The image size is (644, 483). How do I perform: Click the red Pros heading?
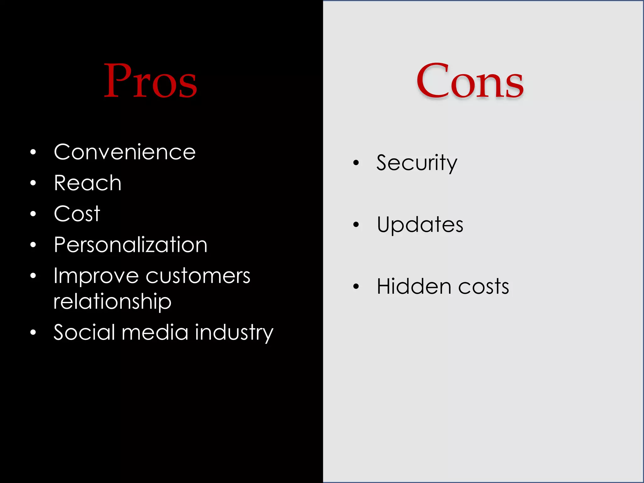click(x=150, y=80)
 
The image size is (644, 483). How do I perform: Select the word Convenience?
click(x=125, y=152)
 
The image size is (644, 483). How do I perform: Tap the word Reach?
click(x=87, y=183)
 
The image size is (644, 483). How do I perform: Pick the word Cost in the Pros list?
click(x=77, y=214)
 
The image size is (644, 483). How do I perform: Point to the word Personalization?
click(x=130, y=245)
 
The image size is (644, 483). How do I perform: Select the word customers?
click(x=198, y=276)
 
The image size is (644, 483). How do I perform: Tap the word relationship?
click(x=112, y=301)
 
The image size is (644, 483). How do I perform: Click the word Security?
click(x=417, y=163)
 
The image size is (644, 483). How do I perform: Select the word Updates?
click(x=420, y=225)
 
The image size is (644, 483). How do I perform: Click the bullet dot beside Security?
click(x=356, y=163)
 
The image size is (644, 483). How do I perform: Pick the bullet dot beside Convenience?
click(x=33, y=153)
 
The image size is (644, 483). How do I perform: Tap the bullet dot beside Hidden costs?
click(x=356, y=286)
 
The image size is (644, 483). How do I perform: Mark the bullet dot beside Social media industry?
click(x=33, y=332)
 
